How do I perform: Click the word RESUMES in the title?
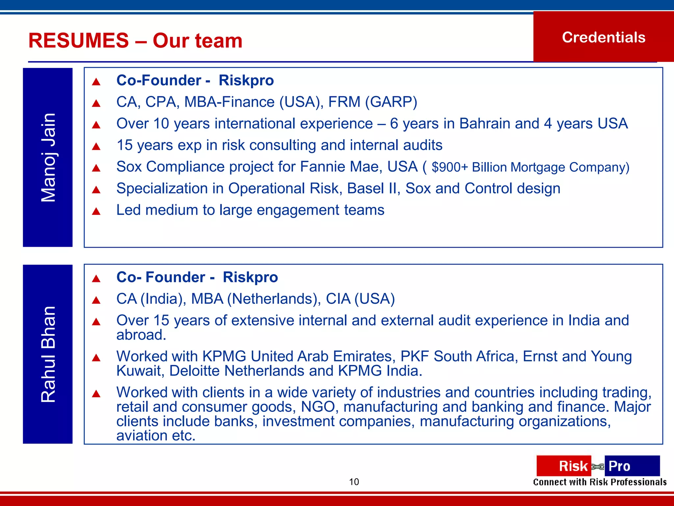(x=78, y=41)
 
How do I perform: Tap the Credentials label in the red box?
(x=604, y=37)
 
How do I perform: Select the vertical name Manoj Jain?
(x=48, y=157)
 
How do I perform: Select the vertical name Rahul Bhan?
(x=48, y=354)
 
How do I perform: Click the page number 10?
(x=354, y=482)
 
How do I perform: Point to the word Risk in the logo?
(x=573, y=466)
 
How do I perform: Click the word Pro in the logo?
(x=619, y=466)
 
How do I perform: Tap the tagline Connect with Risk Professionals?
(x=600, y=482)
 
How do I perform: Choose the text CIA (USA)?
(x=360, y=299)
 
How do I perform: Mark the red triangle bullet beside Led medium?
(x=96, y=211)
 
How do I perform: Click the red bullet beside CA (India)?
(x=96, y=300)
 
